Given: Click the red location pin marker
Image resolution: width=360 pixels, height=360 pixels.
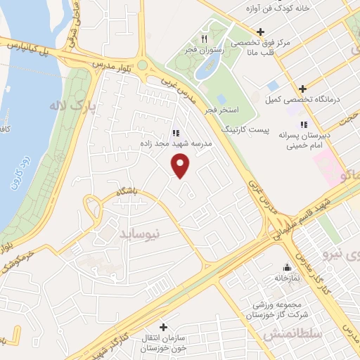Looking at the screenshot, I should (181, 166).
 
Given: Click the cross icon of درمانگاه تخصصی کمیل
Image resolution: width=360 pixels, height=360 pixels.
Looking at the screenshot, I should (302, 89).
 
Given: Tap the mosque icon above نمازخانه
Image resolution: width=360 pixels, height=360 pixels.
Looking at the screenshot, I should (286, 267).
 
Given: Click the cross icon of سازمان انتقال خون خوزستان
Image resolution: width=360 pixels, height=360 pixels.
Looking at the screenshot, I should (163, 327).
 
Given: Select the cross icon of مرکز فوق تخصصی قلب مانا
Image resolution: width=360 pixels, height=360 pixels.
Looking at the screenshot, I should (260, 32).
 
